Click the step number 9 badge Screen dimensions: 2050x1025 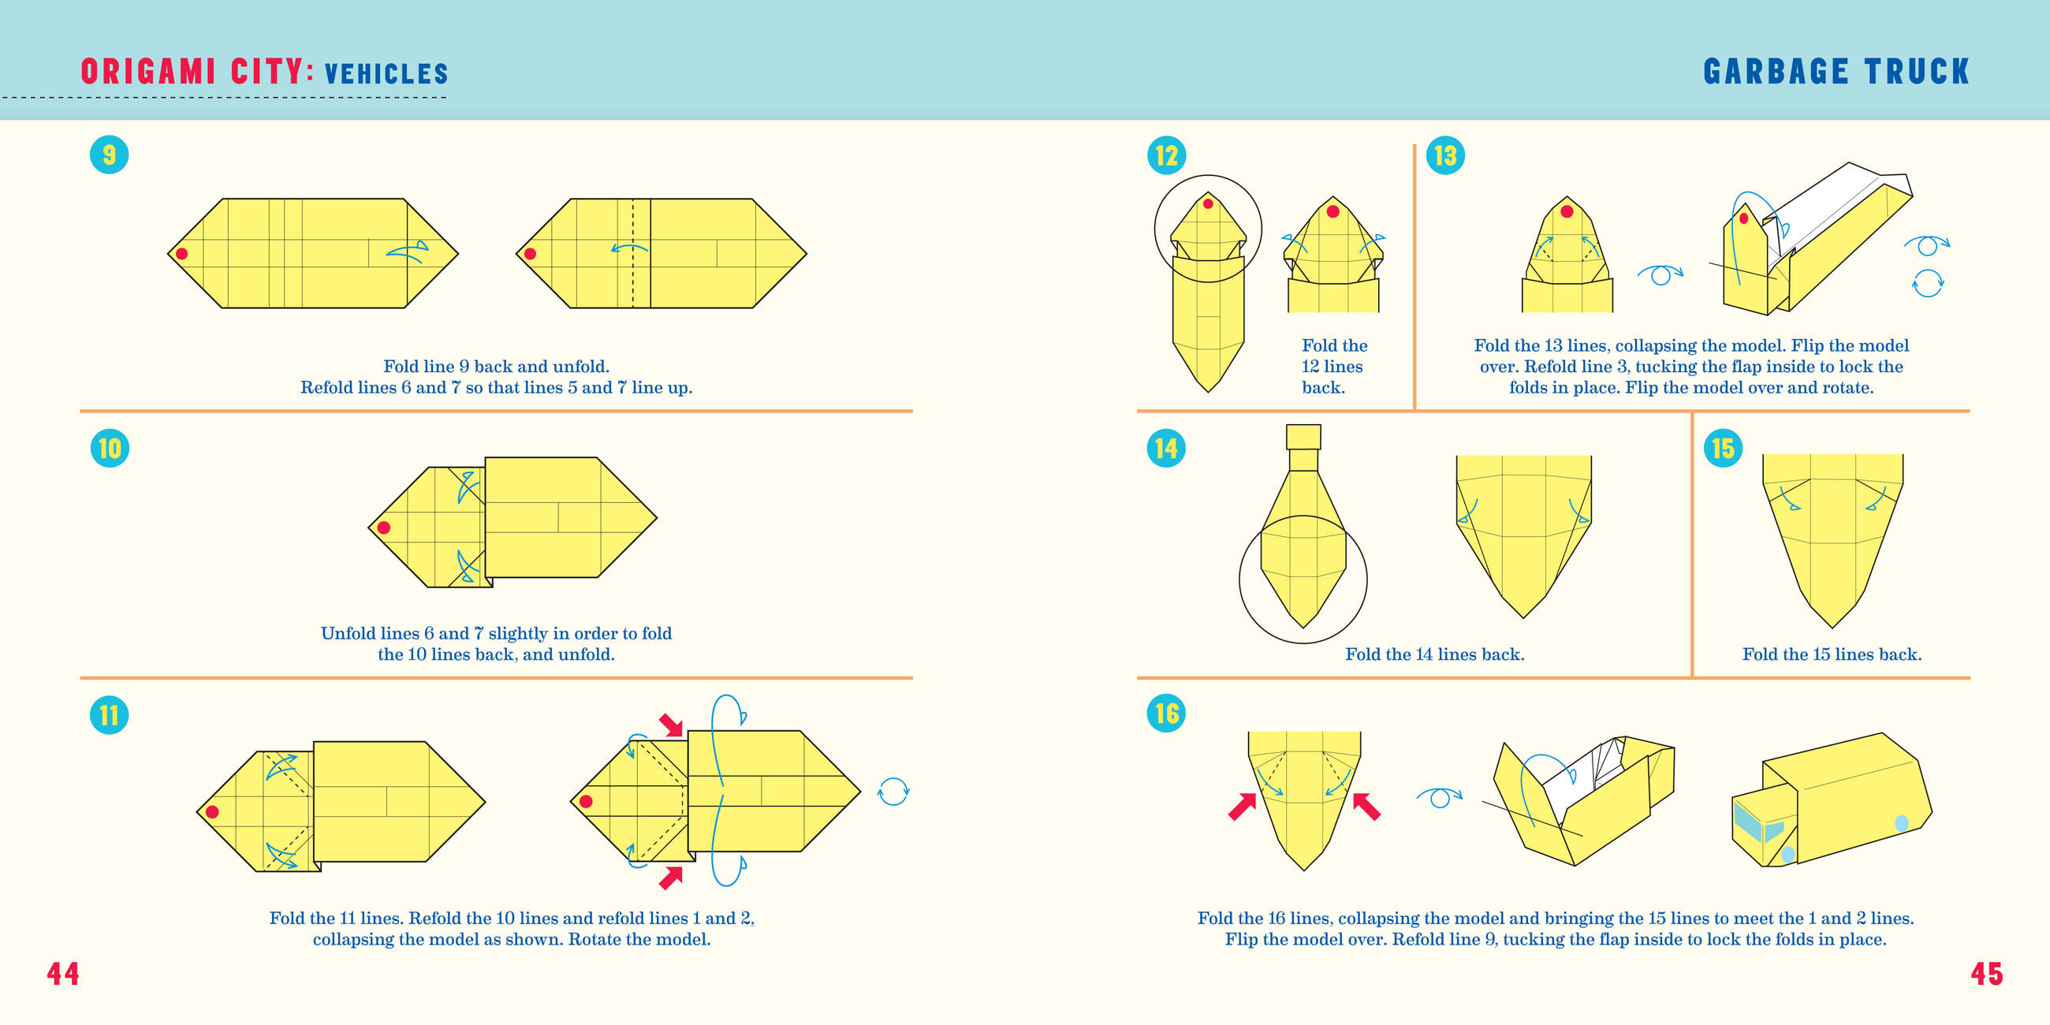(109, 155)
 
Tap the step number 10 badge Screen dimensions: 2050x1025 (110, 448)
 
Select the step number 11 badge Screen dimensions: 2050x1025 (109, 714)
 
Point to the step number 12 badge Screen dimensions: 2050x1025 (1167, 155)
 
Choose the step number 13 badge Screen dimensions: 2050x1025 (1445, 155)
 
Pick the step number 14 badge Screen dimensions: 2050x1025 (1166, 448)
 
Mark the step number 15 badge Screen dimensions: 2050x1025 (1723, 448)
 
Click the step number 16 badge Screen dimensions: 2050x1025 (1166, 713)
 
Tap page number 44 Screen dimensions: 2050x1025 (63, 973)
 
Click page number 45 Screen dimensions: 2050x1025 (1986, 973)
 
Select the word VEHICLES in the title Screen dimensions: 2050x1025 (387, 74)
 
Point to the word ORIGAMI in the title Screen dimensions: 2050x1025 (148, 72)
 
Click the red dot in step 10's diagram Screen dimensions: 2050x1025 (383, 527)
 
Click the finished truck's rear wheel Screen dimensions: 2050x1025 (1902, 824)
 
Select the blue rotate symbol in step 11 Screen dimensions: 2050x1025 (893, 792)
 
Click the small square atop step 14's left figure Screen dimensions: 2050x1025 (1303, 437)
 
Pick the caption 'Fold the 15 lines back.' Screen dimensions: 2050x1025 (1832, 654)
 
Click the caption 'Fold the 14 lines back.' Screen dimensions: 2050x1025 (1435, 654)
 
